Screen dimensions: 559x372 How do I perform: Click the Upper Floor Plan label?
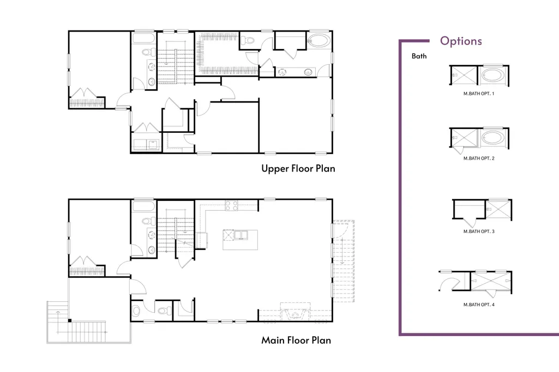[x=298, y=169]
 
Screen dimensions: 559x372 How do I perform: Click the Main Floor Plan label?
[x=296, y=340]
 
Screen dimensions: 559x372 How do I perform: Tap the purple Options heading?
[x=461, y=41]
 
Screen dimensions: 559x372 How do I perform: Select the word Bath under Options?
[x=419, y=56]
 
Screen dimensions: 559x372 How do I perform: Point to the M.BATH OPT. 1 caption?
[x=479, y=94]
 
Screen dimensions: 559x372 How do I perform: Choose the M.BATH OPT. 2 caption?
[x=479, y=158]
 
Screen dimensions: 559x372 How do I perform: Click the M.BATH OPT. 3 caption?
[x=479, y=231]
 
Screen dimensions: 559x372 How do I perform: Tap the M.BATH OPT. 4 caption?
[x=479, y=304]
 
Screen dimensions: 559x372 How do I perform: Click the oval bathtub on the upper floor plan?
[x=319, y=41]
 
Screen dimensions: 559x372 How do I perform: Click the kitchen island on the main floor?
[x=241, y=240]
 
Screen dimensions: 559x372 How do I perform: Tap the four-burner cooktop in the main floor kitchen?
[x=231, y=206]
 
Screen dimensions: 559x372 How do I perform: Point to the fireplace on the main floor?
[x=295, y=312]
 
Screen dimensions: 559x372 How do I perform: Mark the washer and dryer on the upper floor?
[x=146, y=144]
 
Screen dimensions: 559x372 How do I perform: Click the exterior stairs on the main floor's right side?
[x=344, y=261]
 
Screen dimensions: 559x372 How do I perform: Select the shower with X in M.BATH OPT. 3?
[x=498, y=210]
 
